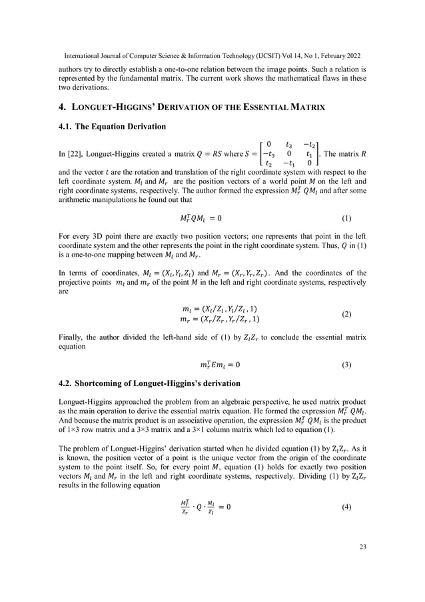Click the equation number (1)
coord(346,218)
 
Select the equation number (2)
coord(346,313)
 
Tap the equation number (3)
coord(346,365)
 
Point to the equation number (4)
coord(346,507)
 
